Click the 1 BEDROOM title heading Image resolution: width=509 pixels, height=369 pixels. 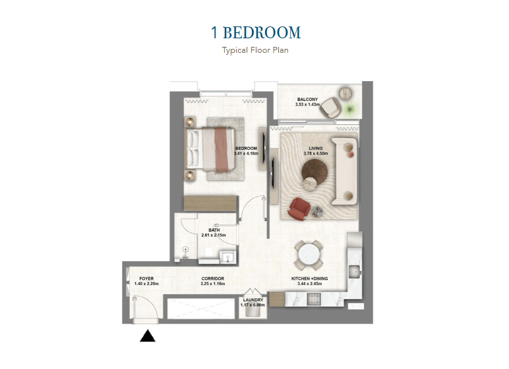click(x=256, y=33)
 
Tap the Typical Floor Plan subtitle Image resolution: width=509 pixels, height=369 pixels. click(x=255, y=50)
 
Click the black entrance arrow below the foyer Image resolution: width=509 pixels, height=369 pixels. click(x=148, y=336)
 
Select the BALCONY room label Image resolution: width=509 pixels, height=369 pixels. click(x=307, y=99)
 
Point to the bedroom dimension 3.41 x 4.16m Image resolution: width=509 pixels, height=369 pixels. click(x=246, y=153)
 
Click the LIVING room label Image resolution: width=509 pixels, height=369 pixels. click(x=316, y=149)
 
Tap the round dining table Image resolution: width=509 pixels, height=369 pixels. click(x=309, y=255)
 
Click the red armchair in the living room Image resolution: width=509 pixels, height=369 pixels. click(x=299, y=209)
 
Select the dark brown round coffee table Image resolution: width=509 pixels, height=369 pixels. click(x=314, y=172)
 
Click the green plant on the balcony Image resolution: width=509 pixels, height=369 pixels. click(x=350, y=109)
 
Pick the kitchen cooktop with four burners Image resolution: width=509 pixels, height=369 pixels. click(x=314, y=299)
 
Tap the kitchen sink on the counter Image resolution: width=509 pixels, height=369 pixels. click(x=355, y=271)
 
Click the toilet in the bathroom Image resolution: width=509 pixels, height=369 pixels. click(x=209, y=253)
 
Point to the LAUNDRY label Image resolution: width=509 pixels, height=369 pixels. click(x=253, y=300)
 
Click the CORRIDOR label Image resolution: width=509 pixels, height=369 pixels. click(x=212, y=279)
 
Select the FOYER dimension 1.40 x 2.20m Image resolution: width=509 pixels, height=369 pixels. click(x=146, y=284)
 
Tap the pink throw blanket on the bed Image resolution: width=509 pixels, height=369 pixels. click(x=222, y=150)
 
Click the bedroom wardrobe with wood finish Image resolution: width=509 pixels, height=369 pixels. click(x=211, y=203)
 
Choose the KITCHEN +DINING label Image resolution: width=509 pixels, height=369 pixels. click(x=310, y=279)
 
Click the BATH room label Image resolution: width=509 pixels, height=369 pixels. click(x=214, y=230)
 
